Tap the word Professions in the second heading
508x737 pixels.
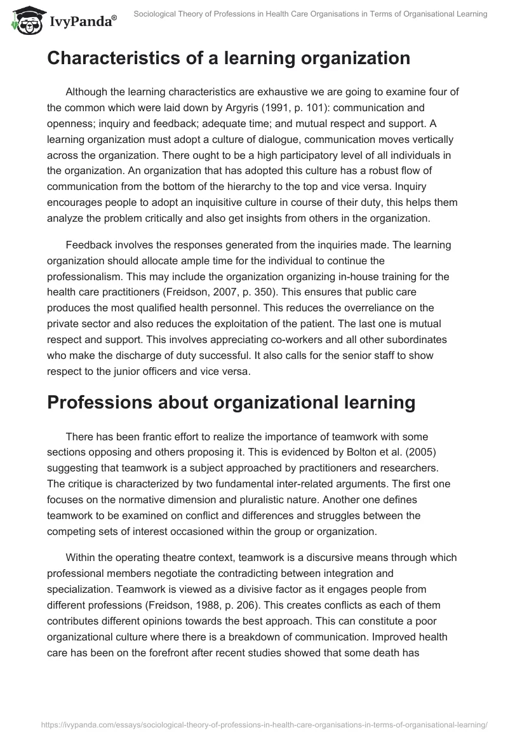click(x=104, y=402)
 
